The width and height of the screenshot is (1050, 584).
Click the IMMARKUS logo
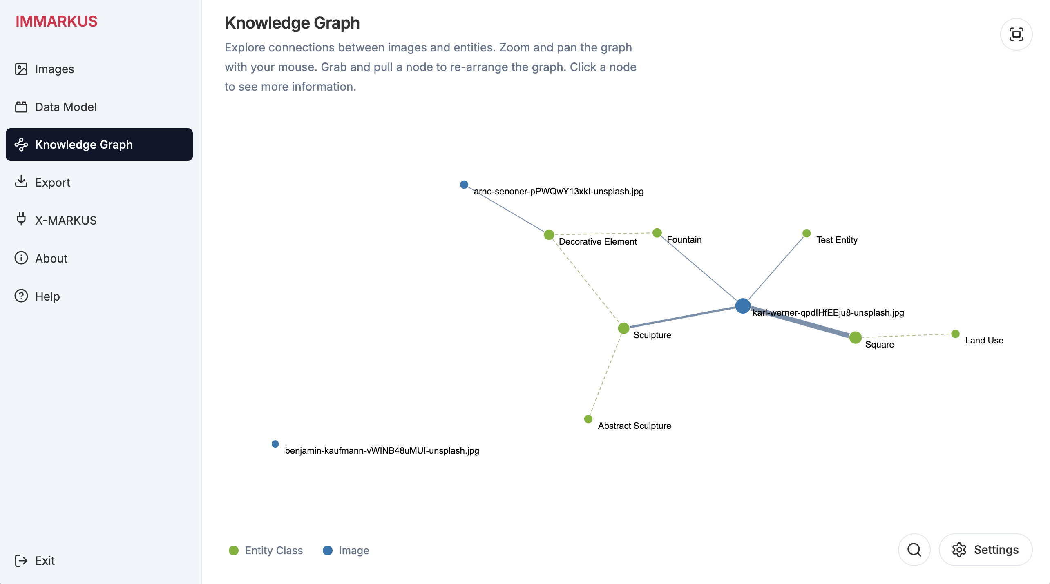[56, 21]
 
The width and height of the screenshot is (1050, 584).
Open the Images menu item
[44, 69]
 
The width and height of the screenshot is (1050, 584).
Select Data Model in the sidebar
[56, 107]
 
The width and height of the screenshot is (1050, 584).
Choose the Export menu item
[42, 183]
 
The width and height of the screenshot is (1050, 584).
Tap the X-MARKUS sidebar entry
[56, 221]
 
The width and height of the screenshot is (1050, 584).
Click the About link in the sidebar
[41, 259]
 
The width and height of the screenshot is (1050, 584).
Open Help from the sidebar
[37, 296]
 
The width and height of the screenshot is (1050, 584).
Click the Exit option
[35, 561]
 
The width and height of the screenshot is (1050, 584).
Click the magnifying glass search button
[914, 550]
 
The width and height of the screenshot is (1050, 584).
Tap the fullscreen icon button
[1016, 34]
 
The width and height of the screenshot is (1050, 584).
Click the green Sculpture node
[623, 328]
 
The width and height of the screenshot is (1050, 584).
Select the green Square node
[855, 338]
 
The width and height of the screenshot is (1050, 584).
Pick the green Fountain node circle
[657, 233]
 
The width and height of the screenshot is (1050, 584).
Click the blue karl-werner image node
[743, 305]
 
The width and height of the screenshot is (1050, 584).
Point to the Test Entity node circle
[806, 233]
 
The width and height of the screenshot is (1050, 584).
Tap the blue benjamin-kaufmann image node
[275, 444]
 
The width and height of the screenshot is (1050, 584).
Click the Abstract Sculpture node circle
[588, 419]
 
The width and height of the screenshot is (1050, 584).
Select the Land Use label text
[984, 341]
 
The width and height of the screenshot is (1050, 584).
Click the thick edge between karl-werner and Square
[800, 322]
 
